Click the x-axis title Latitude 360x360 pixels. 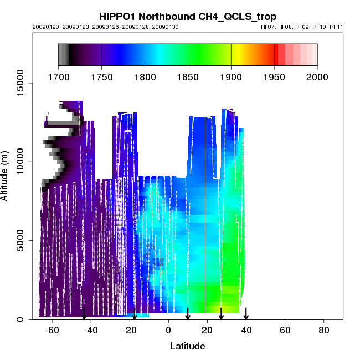coord(188,346)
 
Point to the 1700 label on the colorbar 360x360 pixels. coord(58,77)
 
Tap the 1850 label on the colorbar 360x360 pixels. coord(188,77)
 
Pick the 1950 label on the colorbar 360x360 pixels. coord(274,77)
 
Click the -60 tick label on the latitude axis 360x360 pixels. coord(53,331)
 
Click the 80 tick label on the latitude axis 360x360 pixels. coord(323,331)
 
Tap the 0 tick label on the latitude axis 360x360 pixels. coord(168,331)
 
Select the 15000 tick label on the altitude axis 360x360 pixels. coord(20,83)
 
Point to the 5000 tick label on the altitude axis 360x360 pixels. coord(20,240)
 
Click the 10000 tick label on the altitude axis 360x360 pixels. coord(20,162)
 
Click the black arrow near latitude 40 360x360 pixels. coord(246,314)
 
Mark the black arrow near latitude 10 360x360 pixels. coord(188,314)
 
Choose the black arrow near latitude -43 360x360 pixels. coord(84,314)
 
